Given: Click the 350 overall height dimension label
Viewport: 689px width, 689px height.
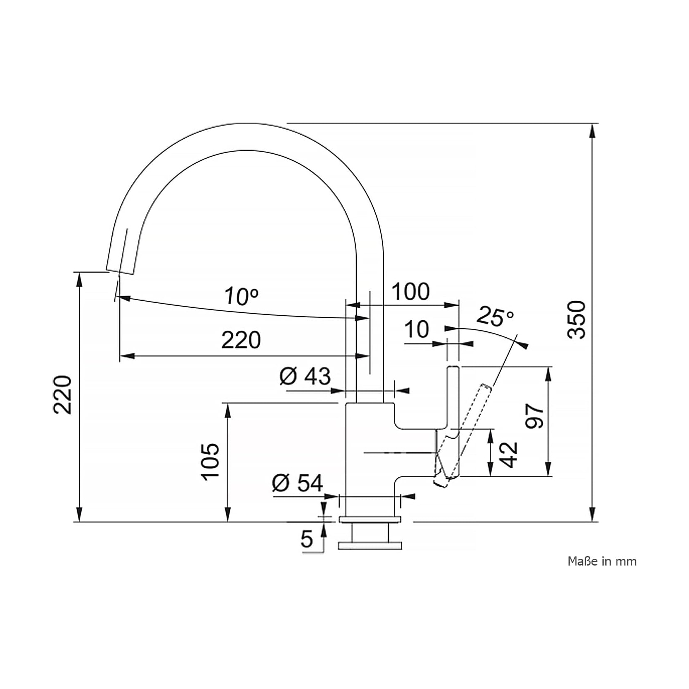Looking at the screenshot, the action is tap(577, 320).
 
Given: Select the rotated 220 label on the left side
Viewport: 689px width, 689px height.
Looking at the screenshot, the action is tap(63, 395).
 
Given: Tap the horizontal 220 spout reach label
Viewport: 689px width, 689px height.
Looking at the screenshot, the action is tap(241, 340).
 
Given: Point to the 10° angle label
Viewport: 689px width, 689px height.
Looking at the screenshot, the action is tap(242, 296).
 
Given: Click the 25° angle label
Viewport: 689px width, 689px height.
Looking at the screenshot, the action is tap(496, 317).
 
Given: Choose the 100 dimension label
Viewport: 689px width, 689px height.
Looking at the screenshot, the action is tap(411, 292).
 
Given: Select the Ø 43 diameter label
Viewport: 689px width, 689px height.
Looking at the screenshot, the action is tap(305, 376).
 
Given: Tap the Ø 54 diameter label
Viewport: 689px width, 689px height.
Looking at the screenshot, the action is tap(297, 483).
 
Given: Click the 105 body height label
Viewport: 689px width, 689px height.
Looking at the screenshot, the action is tap(210, 462).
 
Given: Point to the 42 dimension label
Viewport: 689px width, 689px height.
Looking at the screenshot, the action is tap(509, 455).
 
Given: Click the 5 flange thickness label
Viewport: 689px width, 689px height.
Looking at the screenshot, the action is tap(307, 539).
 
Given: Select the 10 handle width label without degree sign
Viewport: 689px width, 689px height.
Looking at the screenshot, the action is tap(416, 330).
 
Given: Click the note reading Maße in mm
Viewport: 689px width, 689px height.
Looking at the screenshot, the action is tap(602, 561).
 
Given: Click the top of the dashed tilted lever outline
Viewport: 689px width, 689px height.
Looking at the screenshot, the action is tap(486, 387).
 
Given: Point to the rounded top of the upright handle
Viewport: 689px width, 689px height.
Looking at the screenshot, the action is tap(453, 368).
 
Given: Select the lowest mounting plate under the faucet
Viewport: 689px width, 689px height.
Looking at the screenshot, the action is tap(370, 546).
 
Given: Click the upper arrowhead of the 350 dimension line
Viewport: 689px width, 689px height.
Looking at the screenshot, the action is tap(593, 132).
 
